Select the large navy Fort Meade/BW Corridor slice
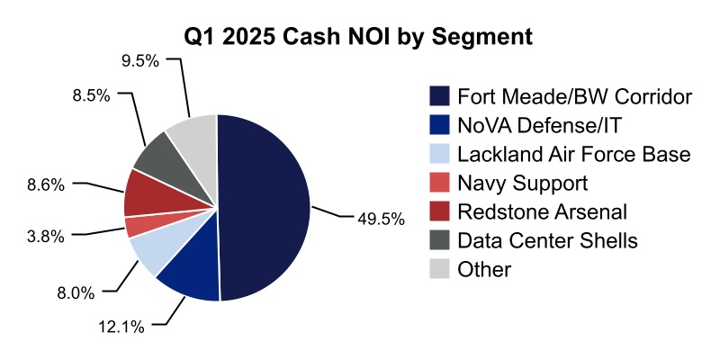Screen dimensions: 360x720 pos(265,207)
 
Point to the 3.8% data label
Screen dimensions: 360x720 pos(46,237)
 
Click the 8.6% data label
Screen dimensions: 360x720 pos(46,184)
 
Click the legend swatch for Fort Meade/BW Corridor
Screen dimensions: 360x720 pos(439,96)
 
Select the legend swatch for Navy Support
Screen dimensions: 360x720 pos(439,183)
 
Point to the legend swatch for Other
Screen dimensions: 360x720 pos(439,269)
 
